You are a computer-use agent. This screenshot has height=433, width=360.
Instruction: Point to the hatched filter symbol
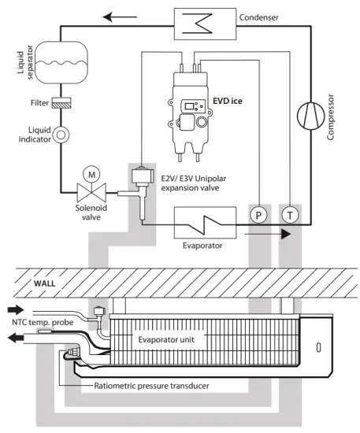[x=58, y=103]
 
